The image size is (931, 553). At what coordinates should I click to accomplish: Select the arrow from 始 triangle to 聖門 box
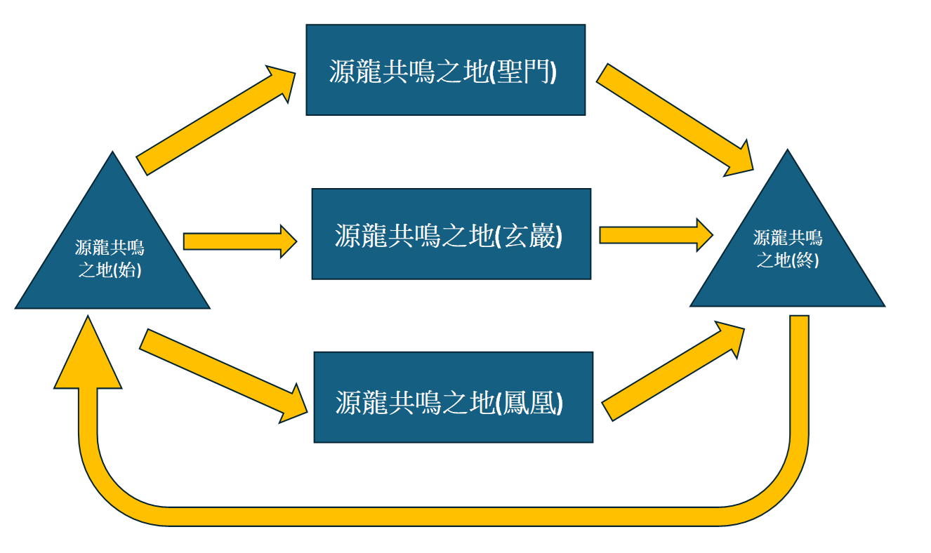214,119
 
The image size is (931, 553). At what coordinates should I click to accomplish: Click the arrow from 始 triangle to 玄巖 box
239,241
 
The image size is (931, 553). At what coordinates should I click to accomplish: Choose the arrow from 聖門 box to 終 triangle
674,119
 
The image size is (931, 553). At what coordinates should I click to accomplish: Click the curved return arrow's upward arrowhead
88,354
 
